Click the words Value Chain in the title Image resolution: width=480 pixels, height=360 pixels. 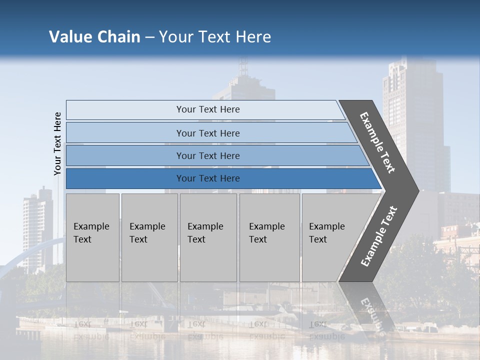pyautogui.click(x=94, y=37)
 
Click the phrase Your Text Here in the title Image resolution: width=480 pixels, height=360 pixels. pyautogui.click(x=215, y=37)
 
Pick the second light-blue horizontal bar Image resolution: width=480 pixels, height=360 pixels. pyautogui.click(x=207, y=133)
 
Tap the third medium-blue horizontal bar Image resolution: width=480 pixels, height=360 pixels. pyautogui.click(x=207, y=155)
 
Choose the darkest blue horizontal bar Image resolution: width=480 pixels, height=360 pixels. pyautogui.click(x=207, y=178)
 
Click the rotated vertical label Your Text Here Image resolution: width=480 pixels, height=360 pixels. pyautogui.click(x=57, y=143)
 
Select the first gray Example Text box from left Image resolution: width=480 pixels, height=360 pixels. pyautogui.click(x=92, y=237)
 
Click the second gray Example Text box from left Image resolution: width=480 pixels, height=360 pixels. pyautogui.click(x=149, y=237)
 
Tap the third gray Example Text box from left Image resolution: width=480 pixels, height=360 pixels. pyautogui.click(x=208, y=237)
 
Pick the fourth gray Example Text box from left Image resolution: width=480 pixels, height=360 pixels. pyautogui.click(x=269, y=237)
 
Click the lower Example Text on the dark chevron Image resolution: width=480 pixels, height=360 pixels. pyautogui.click(x=379, y=236)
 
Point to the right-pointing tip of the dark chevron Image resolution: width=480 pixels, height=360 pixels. pyautogui.click(x=416, y=190)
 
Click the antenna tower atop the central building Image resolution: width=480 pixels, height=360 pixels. pyautogui.click(x=243, y=67)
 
